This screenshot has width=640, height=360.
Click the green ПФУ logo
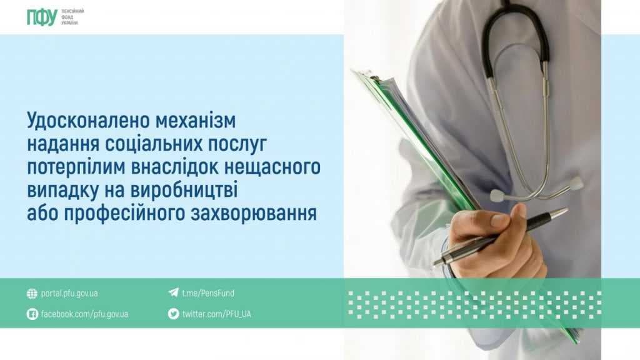pyautogui.click(x=42, y=17)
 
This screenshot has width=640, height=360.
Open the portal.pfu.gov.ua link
pyautogui.click(x=69, y=294)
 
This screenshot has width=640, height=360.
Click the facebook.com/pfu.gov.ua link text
pyautogui.click(x=84, y=314)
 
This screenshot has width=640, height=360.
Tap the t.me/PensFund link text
pyautogui.click(x=208, y=293)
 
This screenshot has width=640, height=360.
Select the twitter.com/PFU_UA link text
pyautogui.click(x=217, y=314)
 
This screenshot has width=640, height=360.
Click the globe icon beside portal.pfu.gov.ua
pyautogui.click(x=32, y=294)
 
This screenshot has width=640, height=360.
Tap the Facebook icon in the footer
pyautogui.click(x=32, y=314)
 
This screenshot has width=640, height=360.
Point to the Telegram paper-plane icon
pyautogui.click(x=174, y=292)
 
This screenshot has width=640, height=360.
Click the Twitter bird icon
pyautogui.click(x=174, y=314)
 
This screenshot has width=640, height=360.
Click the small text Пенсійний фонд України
pyautogui.click(x=72, y=17)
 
